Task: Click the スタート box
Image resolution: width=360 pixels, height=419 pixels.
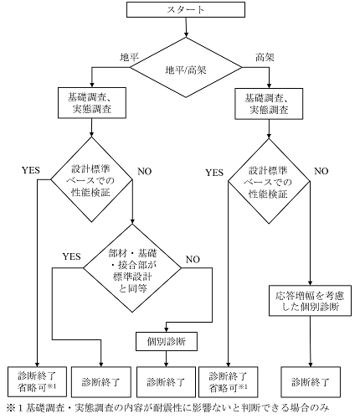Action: [186, 9]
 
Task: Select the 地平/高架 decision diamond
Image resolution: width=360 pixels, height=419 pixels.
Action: [186, 68]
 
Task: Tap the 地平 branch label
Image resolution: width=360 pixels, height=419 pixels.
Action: [129, 57]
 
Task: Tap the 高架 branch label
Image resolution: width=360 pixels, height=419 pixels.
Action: [265, 57]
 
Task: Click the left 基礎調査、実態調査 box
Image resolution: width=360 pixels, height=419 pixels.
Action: [92, 103]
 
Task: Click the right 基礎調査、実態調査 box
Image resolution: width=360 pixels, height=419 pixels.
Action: [269, 104]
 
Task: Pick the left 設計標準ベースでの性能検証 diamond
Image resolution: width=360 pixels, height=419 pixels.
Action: [91, 179]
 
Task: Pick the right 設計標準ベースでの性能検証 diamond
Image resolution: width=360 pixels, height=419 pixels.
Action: [269, 181]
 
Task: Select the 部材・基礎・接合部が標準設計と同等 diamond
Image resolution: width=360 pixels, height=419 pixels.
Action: [132, 268]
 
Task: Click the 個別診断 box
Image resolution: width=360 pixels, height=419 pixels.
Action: [167, 341]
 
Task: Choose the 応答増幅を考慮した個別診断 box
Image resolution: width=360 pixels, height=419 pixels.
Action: [310, 301]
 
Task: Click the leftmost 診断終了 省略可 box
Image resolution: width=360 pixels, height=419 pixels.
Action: [37, 382]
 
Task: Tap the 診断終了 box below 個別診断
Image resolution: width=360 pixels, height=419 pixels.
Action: [166, 382]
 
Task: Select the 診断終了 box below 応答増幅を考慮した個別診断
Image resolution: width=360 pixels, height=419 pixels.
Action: [311, 382]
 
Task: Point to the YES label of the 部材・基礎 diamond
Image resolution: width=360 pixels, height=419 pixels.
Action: [71, 256]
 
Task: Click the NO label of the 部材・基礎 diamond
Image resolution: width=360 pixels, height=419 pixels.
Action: [193, 260]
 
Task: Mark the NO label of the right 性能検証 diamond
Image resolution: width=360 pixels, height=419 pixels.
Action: [321, 171]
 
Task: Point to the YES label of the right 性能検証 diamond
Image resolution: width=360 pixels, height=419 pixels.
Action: [214, 173]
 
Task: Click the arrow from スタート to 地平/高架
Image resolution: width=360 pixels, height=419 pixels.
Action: [186, 28]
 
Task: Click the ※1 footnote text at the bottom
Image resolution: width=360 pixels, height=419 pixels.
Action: [167, 408]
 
